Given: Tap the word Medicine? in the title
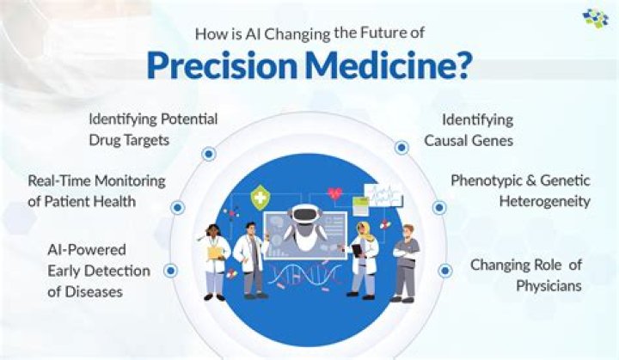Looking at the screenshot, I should pyautogui.click(x=386, y=67).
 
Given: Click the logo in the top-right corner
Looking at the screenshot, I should pyautogui.click(x=594, y=18).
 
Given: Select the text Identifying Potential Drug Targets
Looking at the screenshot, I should pyautogui.click(x=152, y=129).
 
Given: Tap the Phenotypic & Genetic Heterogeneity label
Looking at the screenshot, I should pyautogui.click(x=521, y=191).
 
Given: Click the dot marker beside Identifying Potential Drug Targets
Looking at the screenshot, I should pyautogui.click(x=208, y=154).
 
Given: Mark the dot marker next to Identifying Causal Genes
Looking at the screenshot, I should pyautogui.click(x=401, y=147).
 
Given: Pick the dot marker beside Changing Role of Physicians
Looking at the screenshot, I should pyautogui.click(x=444, y=270).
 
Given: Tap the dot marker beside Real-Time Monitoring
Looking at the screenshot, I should pyautogui.click(x=178, y=207).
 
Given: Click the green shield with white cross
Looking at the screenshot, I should pyautogui.click(x=258, y=200).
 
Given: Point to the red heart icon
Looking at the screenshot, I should pyautogui.click(x=334, y=193).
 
